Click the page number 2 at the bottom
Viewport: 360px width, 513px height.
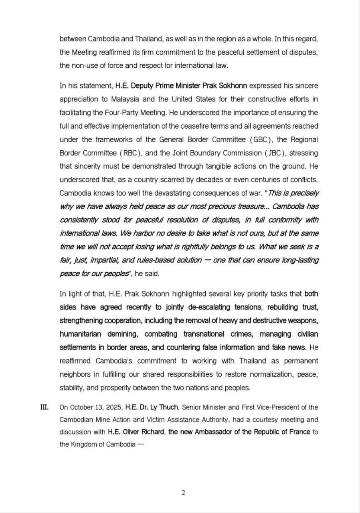point(183,493)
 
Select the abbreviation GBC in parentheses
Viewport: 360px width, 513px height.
point(261,139)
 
